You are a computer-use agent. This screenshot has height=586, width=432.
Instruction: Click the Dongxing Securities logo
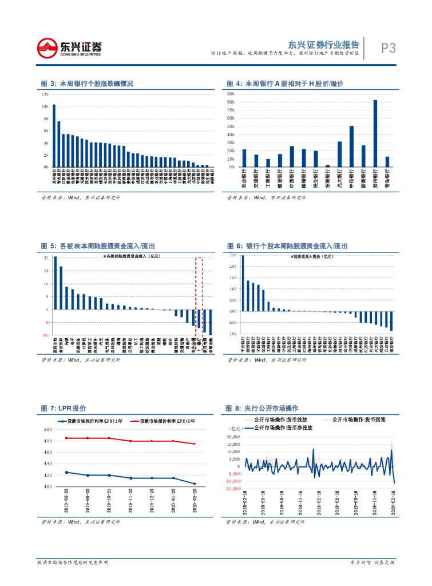(69, 48)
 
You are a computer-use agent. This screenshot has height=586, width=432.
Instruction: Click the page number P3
(389, 49)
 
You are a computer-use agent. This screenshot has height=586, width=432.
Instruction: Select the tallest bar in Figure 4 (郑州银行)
(375, 133)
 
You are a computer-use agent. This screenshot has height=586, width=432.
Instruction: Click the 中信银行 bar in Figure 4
(351, 146)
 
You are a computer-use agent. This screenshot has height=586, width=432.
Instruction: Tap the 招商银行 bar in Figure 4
(327, 166)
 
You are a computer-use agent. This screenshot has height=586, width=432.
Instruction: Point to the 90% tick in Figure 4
(231, 93)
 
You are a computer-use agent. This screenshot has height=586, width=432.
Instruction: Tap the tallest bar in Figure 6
(243, 283)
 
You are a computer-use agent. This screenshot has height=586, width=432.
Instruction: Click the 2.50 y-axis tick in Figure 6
(233, 255)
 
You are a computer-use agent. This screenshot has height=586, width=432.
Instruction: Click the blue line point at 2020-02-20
(194, 484)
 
